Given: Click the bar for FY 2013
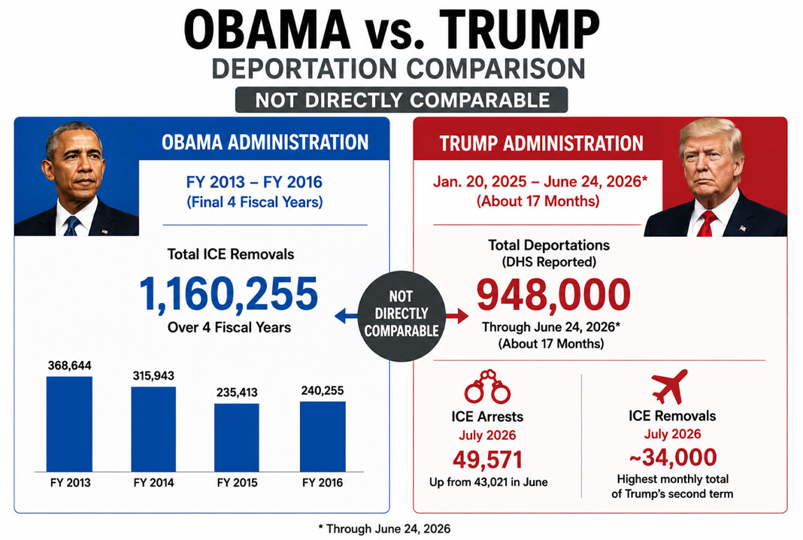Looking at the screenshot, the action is click(x=69, y=424).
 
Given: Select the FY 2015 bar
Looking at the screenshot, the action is click(x=237, y=438).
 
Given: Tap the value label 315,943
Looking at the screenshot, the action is click(x=153, y=375).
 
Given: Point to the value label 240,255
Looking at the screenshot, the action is click(x=322, y=390).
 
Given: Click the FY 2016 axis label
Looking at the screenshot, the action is click(x=322, y=483).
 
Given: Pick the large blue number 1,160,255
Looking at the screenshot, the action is click(x=229, y=294).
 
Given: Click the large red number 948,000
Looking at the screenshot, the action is click(x=553, y=295).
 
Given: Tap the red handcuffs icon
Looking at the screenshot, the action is click(x=487, y=387).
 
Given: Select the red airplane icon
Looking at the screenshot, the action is click(x=669, y=387).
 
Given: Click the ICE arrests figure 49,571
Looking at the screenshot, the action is click(x=487, y=460).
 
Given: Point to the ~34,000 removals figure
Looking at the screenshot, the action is click(x=672, y=457).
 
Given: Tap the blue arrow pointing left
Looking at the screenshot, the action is click(x=346, y=316).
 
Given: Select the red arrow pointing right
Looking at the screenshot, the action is click(x=457, y=316).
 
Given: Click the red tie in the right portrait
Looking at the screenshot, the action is click(x=707, y=223).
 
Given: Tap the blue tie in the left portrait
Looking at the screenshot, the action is click(x=71, y=226).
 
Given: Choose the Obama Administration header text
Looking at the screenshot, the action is click(x=265, y=142).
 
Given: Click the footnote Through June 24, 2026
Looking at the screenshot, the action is click(x=384, y=529).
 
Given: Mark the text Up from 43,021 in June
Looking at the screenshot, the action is click(x=489, y=482).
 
